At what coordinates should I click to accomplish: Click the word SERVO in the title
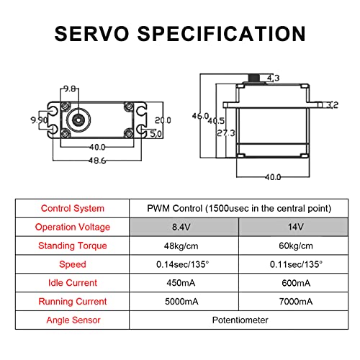(x=91, y=34)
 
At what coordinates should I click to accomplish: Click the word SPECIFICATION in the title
(x=222, y=34)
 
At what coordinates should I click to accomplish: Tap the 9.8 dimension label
(x=70, y=89)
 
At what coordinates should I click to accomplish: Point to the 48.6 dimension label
(x=97, y=161)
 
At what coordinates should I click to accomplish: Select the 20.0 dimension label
(x=163, y=120)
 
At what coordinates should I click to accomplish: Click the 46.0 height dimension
(x=201, y=116)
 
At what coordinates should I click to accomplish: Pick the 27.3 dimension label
(x=226, y=133)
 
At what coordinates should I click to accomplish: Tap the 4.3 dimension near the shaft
(x=274, y=78)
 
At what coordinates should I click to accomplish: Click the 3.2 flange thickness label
(x=333, y=105)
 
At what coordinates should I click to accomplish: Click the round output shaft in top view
(x=78, y=120)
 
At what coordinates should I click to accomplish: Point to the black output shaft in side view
(x=254, y=78)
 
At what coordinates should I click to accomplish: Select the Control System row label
(x=73, y=208)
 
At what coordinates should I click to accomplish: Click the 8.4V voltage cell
(x=181, y=227)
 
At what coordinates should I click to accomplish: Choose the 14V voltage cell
(x=296, y=227)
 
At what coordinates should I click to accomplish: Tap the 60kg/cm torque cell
(x=296, y=246)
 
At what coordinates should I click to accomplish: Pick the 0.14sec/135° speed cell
(x=182, y=264)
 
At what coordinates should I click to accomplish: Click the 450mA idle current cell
(x=181, y=283)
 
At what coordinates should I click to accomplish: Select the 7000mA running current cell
(x=296, y=302)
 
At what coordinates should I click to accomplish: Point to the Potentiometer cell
(x=240, y=320)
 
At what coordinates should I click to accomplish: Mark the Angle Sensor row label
(x=73, y=320)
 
